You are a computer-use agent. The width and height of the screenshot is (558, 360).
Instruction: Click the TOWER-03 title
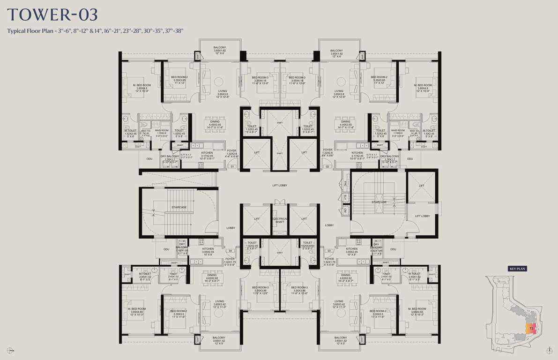52,15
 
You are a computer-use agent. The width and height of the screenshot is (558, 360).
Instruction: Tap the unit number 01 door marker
231,166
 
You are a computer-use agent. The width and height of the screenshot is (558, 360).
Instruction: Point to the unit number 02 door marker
327,166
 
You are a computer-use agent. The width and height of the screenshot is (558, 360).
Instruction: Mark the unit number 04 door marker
230,251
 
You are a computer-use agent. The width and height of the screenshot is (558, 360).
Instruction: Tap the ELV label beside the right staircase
345,198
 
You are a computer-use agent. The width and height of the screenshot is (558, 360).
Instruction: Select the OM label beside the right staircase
345,211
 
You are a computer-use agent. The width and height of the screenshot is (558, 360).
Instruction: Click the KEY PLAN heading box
515,269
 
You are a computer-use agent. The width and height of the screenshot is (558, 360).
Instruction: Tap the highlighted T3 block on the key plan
531,329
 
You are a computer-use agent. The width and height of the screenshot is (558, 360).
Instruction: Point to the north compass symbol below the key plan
548,350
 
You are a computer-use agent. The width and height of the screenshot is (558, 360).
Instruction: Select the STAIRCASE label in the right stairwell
379,202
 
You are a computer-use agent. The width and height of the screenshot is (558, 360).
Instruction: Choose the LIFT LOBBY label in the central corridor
280,186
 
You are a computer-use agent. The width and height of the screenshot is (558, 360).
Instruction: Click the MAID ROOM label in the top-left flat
162,131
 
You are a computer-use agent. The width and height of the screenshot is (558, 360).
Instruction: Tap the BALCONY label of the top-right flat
336,51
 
